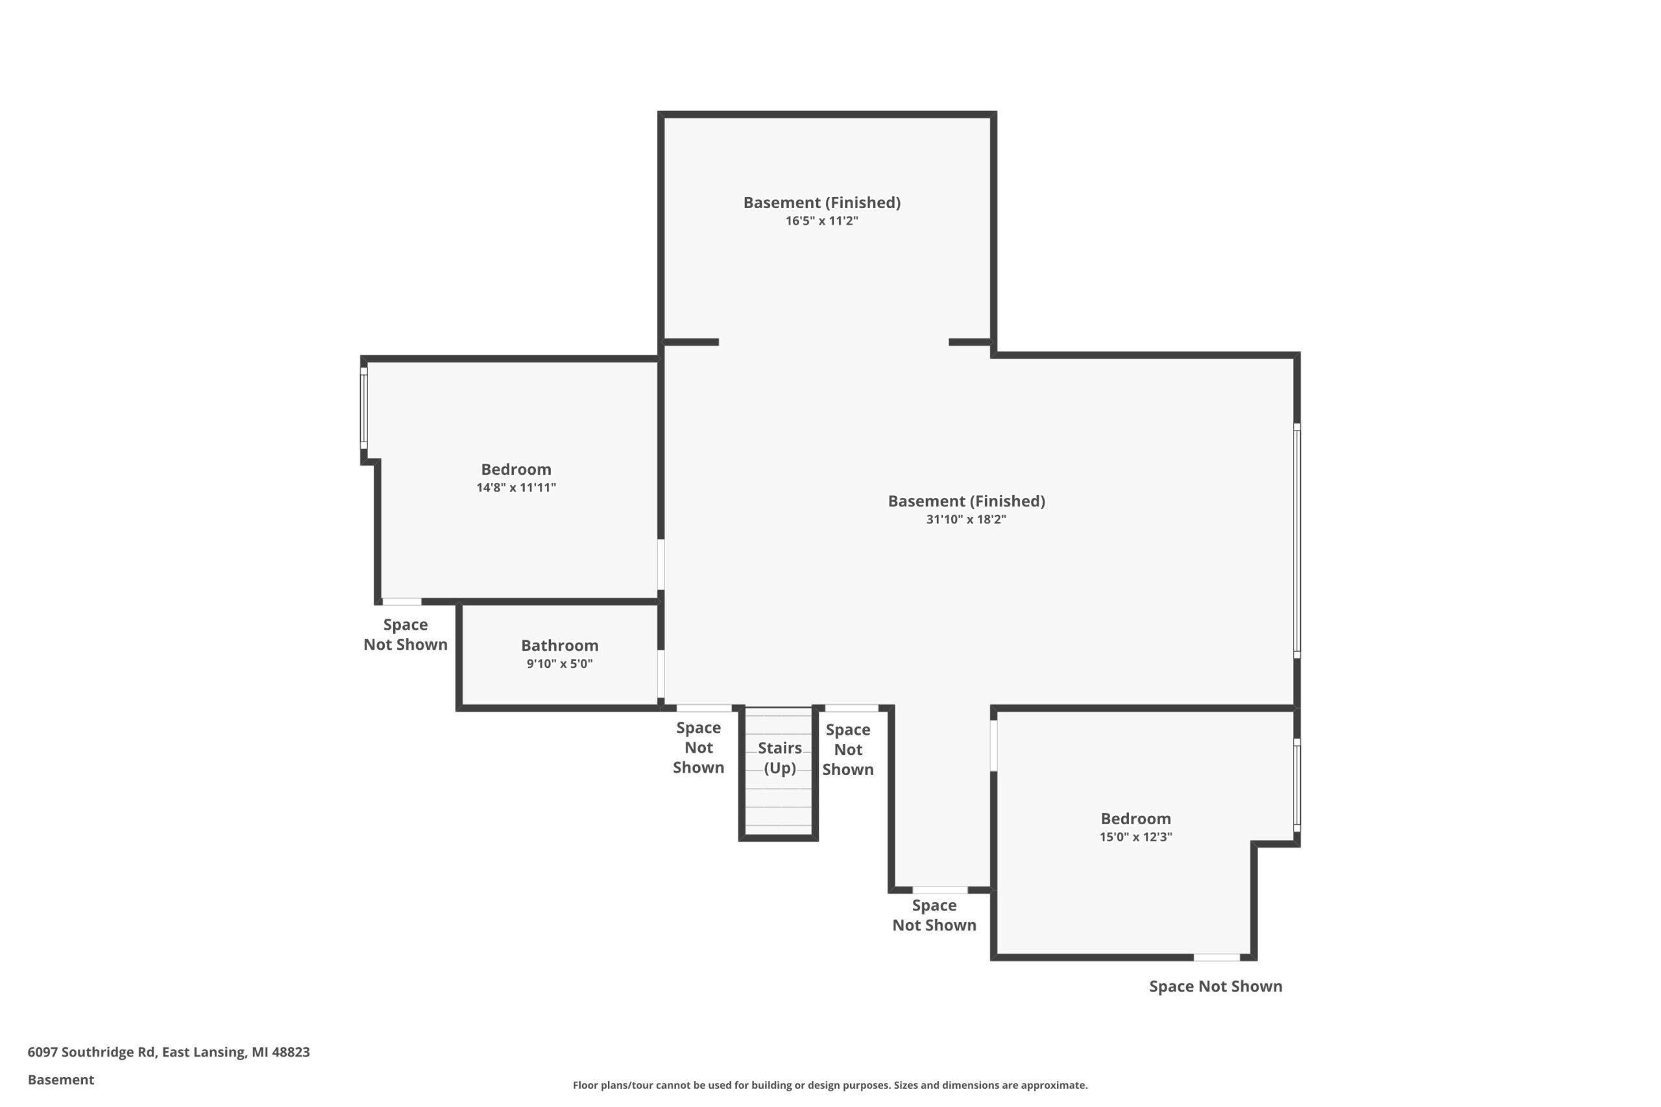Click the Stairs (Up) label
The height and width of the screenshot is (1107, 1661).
tap(780, 757)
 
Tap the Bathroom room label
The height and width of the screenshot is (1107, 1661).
tap(559, 645)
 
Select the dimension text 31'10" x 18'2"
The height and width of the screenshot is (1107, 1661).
tap(966, 519)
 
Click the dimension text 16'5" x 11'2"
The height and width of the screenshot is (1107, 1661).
tap(822, 221)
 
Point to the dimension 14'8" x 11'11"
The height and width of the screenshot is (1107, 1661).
tap(516, 487)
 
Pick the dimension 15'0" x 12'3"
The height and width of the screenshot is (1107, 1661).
tap(1135, 837)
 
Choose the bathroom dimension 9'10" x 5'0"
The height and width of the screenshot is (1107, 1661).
tap(559, 663)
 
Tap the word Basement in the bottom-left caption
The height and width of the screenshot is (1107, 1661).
tap(61, 1080)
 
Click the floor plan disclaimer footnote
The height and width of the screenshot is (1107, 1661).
tap(830, 1085)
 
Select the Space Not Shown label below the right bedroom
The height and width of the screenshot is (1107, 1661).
tap(1215, 986)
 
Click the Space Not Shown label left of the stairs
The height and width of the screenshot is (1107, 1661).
tap(698, 748)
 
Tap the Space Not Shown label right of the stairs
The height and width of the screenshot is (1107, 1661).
tap(847, 750)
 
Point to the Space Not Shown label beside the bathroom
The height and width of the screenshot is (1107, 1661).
tap(406, 635)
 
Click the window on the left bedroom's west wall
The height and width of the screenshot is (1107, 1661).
tap(364, 407)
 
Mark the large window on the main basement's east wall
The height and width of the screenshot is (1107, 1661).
tap(1296, 541)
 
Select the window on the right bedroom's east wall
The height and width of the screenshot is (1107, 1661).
tap(1296, 785)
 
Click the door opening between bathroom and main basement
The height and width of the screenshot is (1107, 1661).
tap(661, 674)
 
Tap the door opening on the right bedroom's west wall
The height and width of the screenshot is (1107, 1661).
tap(993, 746)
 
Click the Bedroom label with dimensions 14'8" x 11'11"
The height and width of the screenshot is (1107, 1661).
tap(516, 470)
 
